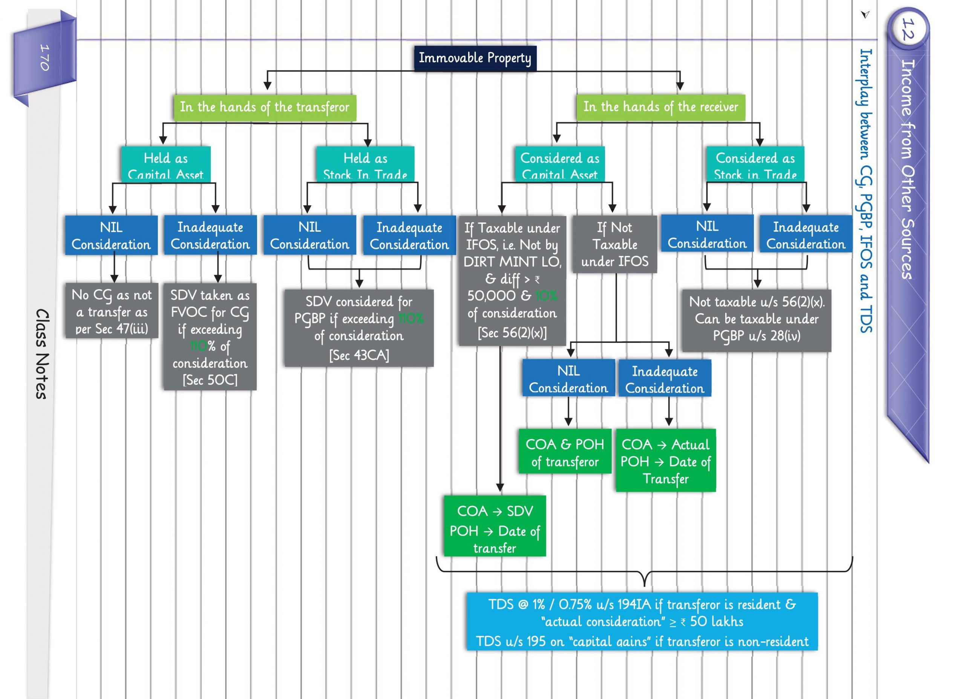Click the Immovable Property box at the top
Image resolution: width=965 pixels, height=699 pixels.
475,58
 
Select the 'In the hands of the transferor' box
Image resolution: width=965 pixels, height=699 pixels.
265,107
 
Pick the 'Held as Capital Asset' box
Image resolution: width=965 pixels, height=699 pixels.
165,165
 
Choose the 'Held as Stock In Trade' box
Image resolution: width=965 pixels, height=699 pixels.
365,165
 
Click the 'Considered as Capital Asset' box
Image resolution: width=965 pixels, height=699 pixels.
559,165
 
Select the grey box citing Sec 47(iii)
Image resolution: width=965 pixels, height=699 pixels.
112,311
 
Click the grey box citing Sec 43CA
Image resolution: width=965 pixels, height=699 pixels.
359,328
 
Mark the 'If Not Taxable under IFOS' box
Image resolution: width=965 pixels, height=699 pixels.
615,244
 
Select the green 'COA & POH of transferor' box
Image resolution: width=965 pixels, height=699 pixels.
565,452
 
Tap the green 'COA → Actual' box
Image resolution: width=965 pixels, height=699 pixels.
665,461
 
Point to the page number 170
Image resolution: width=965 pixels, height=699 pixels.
44,57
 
